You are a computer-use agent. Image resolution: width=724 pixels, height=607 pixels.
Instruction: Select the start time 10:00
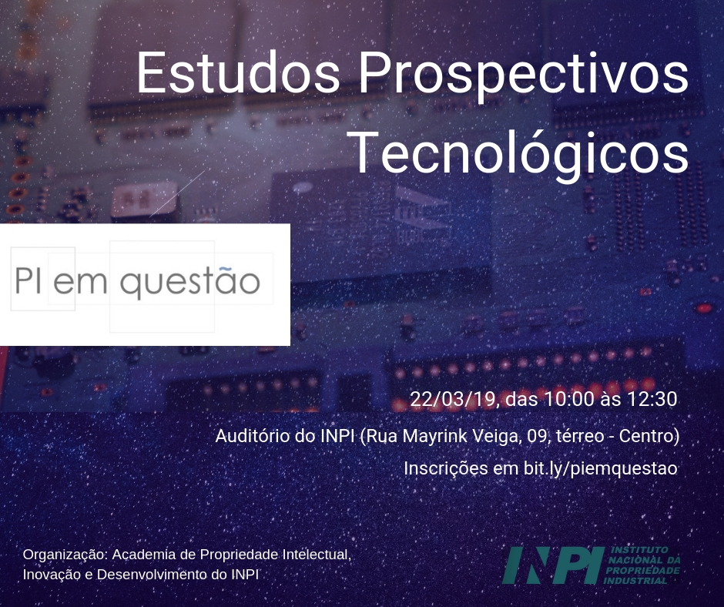(x=568, y=400)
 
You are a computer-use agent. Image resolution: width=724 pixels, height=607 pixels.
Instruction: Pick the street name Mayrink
(x=434, y=436)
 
